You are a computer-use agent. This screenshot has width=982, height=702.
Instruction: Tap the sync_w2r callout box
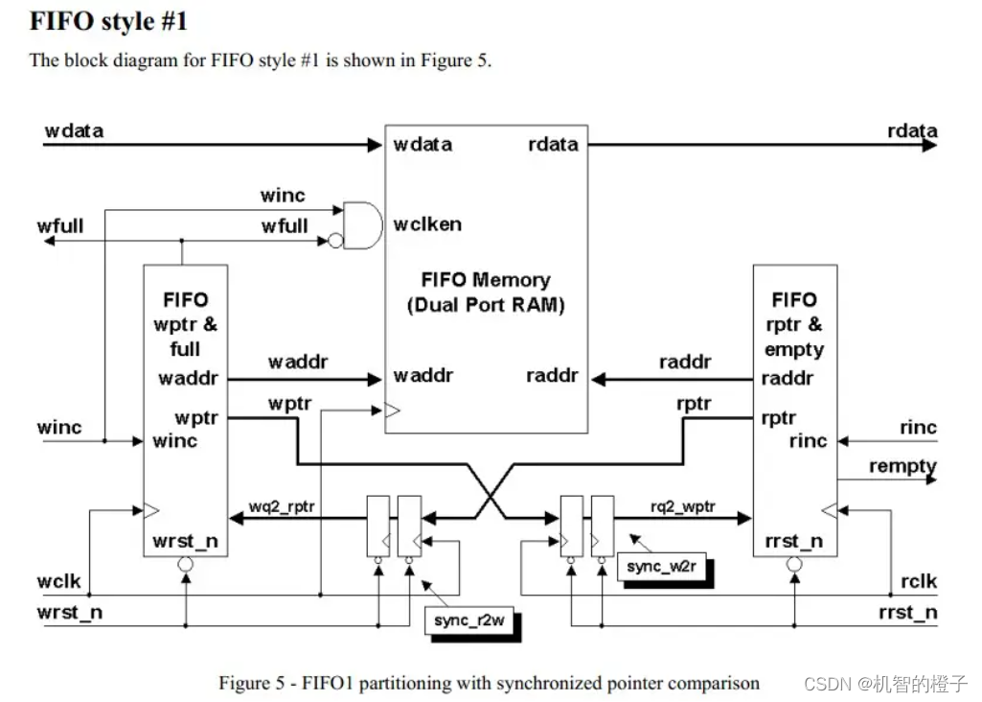click(660, 566)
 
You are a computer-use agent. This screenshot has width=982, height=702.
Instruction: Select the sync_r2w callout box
click(464, 620)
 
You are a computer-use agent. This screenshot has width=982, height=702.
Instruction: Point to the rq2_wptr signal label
click(683, 505)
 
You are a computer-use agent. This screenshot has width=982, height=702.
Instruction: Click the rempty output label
click(902, 466)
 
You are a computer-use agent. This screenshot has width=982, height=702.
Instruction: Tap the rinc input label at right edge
click(918, 428)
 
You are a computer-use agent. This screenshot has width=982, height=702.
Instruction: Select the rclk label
click(919, 581)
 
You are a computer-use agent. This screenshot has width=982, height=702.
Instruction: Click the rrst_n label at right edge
click(907, 612)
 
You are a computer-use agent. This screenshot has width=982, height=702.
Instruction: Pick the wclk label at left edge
click(58, 581)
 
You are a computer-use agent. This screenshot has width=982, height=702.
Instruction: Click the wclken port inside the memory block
click(427, 224)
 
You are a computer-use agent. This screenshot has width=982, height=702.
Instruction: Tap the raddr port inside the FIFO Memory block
click(552, 375)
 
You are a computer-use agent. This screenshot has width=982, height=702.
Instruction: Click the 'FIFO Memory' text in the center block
click(486, 280)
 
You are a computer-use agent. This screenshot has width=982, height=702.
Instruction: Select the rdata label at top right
click(912, 131)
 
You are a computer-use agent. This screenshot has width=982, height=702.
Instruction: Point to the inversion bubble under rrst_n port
click(793, 564)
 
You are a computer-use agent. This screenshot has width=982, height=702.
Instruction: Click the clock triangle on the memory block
click(392, 410)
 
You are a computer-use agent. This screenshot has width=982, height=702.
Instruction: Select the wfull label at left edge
click(60, 226)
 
